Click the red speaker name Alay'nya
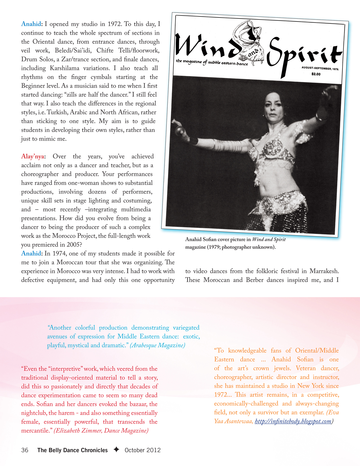[x=32, y=156]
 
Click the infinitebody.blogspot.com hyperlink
[x=293, y=421]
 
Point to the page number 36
[x=25, y=450]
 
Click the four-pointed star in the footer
[x=116, y=450]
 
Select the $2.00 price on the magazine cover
[x=316, y=74]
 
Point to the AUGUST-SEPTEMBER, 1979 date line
[x=320, y=68]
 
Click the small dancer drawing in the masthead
[x=253, y=40]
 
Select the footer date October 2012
[x=143, y=450]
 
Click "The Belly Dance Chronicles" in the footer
[x=73, y=450]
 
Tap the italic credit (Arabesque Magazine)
[x=158, y=345]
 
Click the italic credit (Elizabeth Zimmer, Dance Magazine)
[x=101, y=431]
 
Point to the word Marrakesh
[x=324, y=271]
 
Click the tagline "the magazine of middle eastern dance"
[x=212, y=62]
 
